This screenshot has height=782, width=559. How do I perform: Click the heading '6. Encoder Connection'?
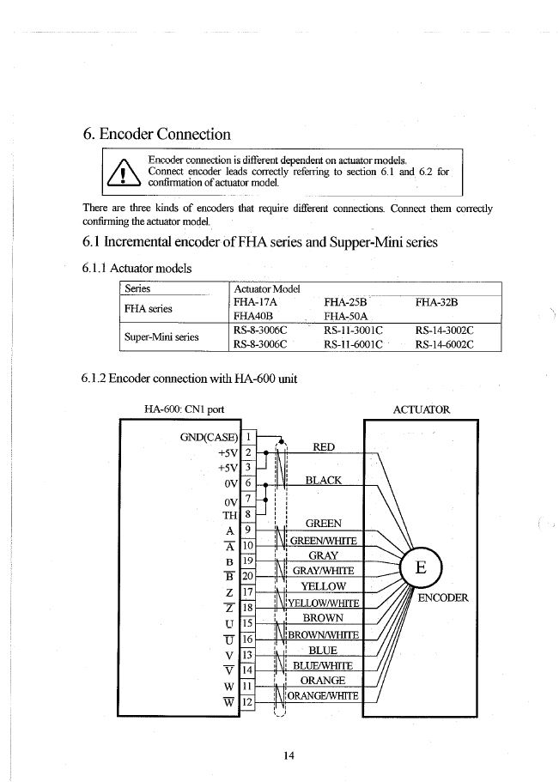[156, 134]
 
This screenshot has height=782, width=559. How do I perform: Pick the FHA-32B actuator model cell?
[437, 302]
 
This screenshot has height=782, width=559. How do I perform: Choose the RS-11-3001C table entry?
[352, 330]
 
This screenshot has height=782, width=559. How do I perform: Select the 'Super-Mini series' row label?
[161, 337]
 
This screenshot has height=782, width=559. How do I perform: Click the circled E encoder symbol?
[421, 568]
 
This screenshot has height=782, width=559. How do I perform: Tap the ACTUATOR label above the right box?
[421, 409]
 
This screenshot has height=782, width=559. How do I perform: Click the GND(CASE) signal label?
[209, 436]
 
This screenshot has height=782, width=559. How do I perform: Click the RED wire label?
[324, 447]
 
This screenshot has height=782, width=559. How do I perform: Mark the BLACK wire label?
[324, 481]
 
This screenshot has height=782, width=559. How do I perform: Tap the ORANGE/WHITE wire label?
[322, 695]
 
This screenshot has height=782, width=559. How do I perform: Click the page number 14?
[289, 755]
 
